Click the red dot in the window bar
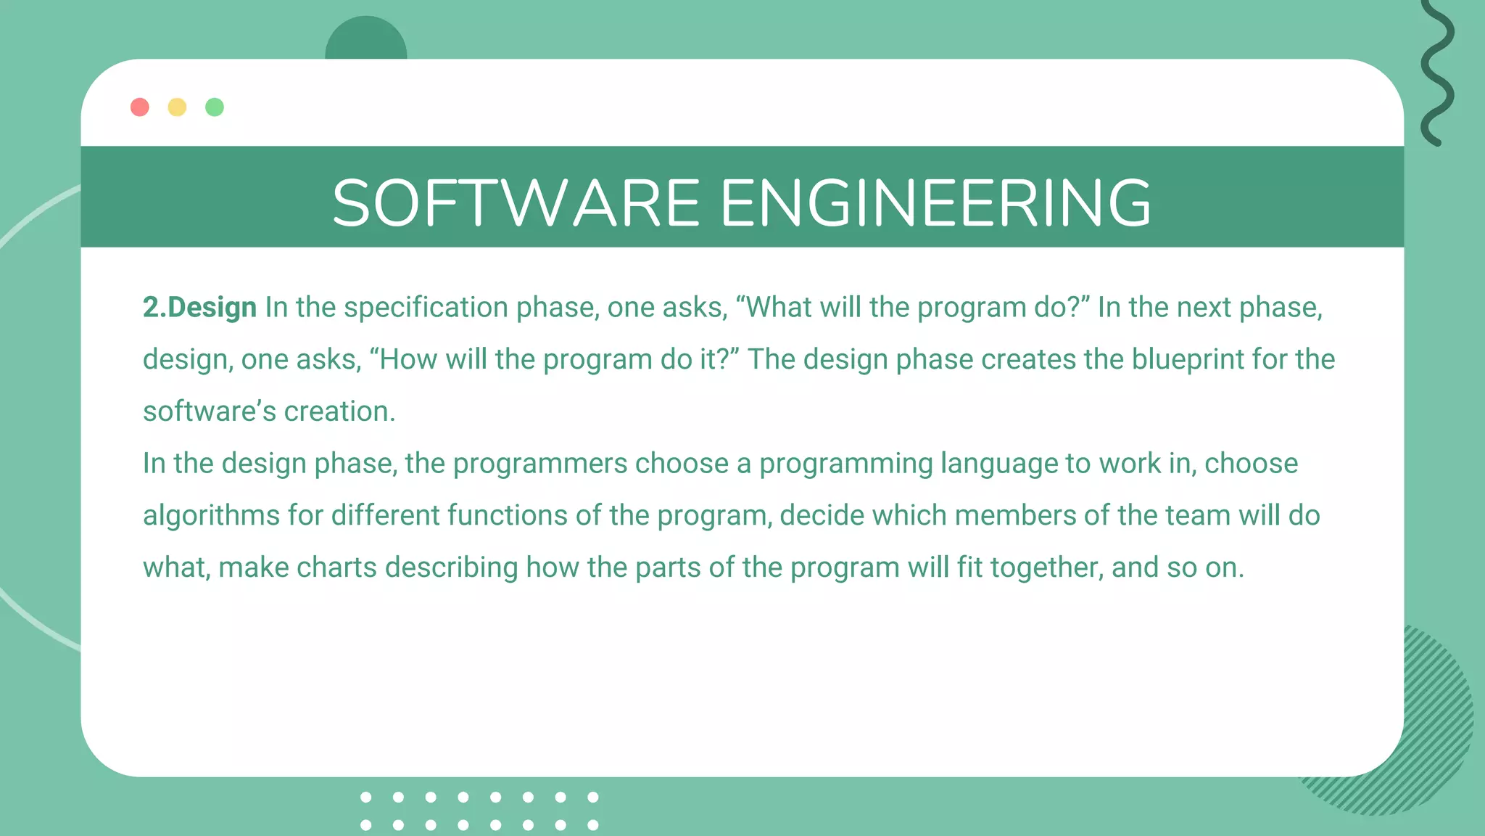pos(140,107)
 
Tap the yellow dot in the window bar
pos(177,107)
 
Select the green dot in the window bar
pos(215,107)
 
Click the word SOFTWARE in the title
pos(516,203)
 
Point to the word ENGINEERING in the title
pos(935,203)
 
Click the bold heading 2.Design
pos(199,308)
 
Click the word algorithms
pos(211,515)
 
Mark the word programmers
pos(539,464)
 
